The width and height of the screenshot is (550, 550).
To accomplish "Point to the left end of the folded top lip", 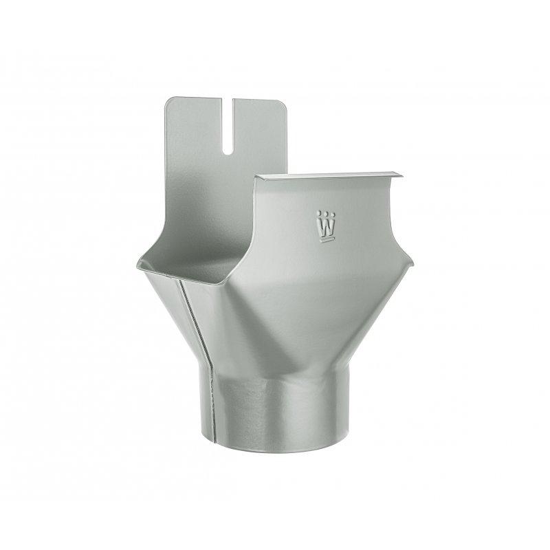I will click(258, 179).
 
